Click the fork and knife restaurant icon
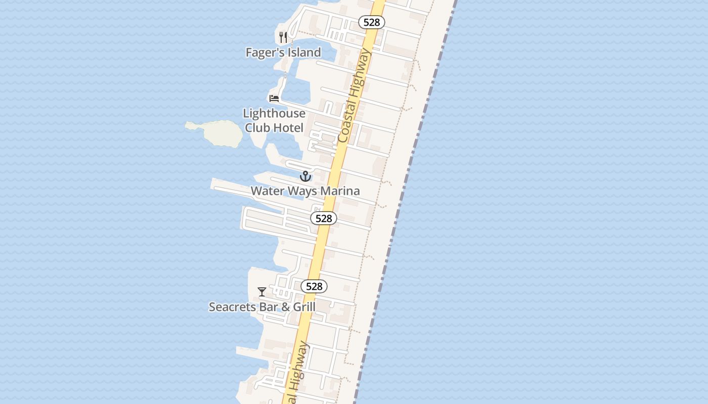pyautogui.click(x=283, y=37)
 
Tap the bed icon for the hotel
pyautogui.click(x=274, y=98)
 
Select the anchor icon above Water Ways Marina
pyautogui.click(x=305, y=176)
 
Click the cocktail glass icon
pyautogui.click(x=262, y=292)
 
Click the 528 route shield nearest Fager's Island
pyautogui.click(x=372, y=22)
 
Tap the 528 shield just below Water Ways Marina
pyautogui.click(x=324, y=218)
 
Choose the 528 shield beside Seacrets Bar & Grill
pyautogui.click(x=314, y=286)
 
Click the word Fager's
pyautogui.click(x=264, y=53)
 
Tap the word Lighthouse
pyautogui.click(x=274, y=114)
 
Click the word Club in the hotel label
pyautogui.click(x=257, y=128)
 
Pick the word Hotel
pyautogui.click(x=288, y=128)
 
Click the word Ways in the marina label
pyautogui.click(x=303, y=191)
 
